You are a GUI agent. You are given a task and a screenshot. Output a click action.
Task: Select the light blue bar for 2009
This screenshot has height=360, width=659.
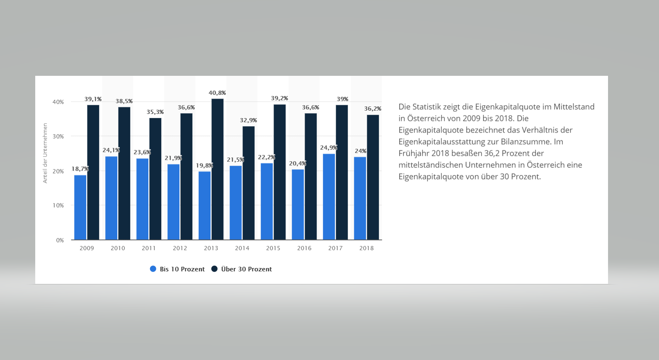point(80,207)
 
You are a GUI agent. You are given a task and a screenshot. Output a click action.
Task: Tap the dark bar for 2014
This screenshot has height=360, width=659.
point(248,183)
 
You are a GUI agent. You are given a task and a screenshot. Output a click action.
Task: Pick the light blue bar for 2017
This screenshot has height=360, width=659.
point(329,197)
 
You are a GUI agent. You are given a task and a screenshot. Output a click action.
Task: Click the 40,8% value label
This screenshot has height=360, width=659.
point(217,93)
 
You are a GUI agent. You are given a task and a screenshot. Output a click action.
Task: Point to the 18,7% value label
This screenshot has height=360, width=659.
point(80,169)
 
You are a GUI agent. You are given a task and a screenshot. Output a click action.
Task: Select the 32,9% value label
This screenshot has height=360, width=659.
point(248,120)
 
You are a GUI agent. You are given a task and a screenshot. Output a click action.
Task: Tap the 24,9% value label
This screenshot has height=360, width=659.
point(329,147)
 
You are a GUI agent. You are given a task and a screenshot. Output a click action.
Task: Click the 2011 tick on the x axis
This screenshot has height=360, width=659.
point(149,248)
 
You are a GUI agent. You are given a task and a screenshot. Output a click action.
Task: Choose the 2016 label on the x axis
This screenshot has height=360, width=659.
point(304,248)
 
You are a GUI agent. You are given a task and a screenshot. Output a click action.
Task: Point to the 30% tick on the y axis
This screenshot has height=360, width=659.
point(58,136)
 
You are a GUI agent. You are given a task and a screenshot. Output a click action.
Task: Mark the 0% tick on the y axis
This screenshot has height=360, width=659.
point(60,240)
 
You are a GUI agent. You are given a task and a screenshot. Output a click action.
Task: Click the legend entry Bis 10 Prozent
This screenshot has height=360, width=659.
point(177,269)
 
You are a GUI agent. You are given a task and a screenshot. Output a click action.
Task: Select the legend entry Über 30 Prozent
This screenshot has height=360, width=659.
point(242,269)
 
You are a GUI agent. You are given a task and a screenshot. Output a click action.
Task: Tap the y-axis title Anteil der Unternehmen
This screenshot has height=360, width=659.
point(45,153)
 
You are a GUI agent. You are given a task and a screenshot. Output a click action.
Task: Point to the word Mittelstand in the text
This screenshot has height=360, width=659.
point(574,106)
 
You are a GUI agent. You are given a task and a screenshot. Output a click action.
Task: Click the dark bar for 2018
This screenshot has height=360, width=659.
point(373,177)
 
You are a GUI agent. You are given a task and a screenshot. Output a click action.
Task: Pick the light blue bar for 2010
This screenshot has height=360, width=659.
point(111,198)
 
